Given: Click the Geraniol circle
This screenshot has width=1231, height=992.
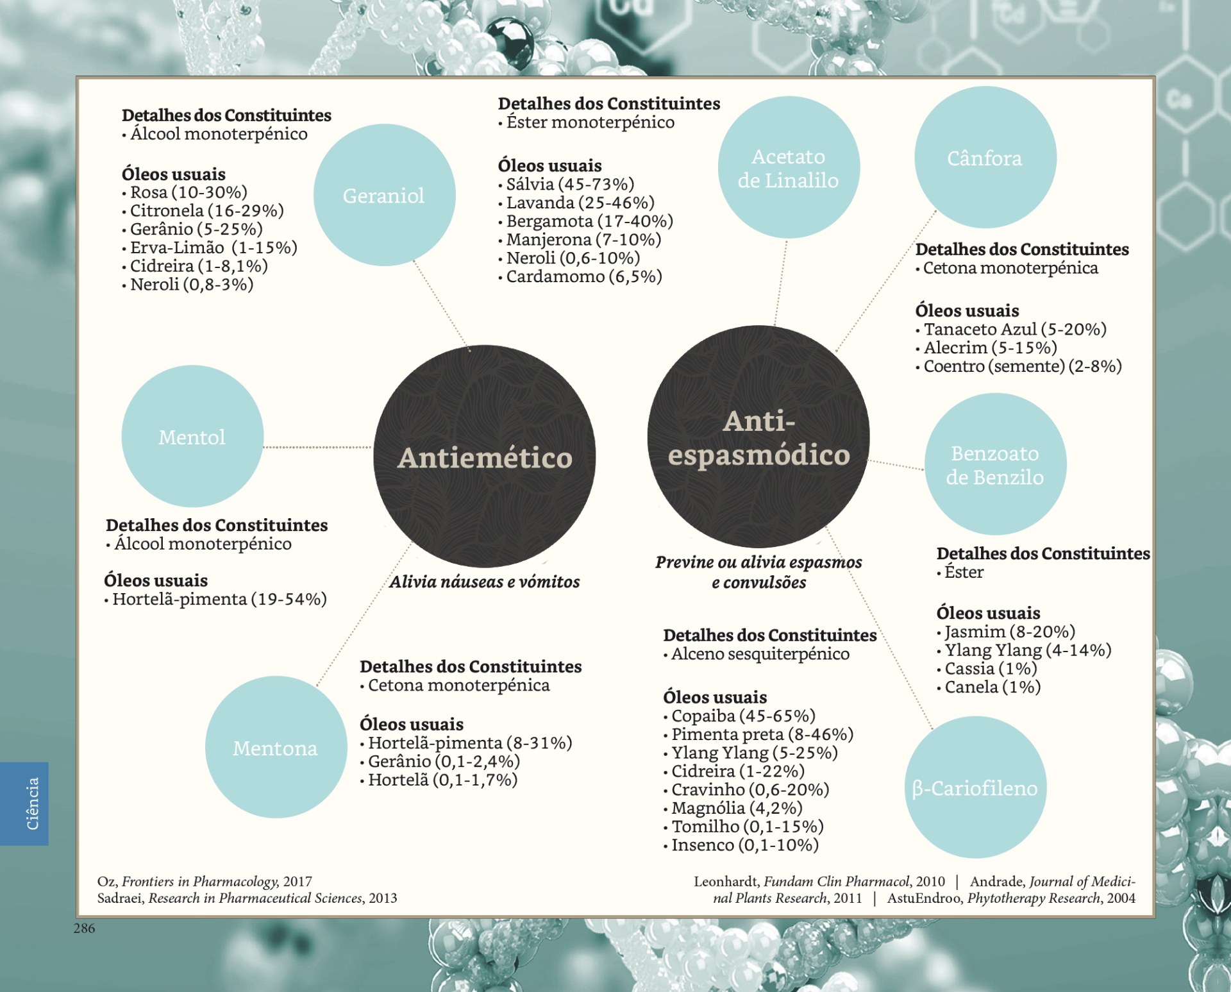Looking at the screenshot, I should (384, 195).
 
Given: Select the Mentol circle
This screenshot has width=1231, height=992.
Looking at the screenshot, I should (192, 437).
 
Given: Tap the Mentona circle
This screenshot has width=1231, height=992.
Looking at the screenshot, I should (276, 748).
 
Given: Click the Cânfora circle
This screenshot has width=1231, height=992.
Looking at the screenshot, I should (985, 158).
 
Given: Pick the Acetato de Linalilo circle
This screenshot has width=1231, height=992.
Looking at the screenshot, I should (788, 168).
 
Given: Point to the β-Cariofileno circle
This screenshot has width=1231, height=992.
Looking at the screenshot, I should (975, 787).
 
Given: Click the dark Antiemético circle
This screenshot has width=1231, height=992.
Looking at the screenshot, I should (485, 457).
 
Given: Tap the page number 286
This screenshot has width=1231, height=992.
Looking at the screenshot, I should (84, 928).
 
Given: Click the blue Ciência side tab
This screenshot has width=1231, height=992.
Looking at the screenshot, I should (24, 803).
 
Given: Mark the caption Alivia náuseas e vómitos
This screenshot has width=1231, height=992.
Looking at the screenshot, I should (485, 582).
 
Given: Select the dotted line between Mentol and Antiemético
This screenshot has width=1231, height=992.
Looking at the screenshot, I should (317, 447).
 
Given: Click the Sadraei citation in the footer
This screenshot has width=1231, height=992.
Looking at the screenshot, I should (247, 898).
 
